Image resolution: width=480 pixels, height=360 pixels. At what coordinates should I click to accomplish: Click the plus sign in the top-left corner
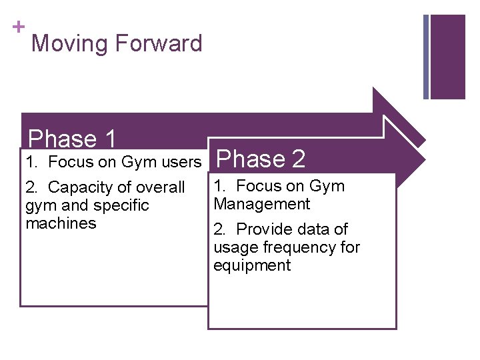point(18,27)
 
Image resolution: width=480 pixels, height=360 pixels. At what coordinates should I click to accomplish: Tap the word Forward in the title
point(159,44)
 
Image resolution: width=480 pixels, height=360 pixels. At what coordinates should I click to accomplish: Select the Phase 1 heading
point(73,139)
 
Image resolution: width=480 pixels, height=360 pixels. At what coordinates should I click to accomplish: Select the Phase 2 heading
point(261,159)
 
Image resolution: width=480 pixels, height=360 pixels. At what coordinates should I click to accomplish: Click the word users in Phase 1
point(182,162)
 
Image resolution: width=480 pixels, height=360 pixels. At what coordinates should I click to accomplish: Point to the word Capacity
point(83,187)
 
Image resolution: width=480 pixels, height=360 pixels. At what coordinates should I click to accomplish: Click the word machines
point(61,223)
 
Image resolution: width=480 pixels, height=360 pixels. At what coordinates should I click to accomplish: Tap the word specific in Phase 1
point(120,205)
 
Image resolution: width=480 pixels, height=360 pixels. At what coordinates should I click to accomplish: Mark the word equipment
point(252,265)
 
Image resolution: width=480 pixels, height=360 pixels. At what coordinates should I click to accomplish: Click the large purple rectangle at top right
point(448,57)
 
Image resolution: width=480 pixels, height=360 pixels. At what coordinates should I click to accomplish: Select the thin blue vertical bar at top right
point(426,57)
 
